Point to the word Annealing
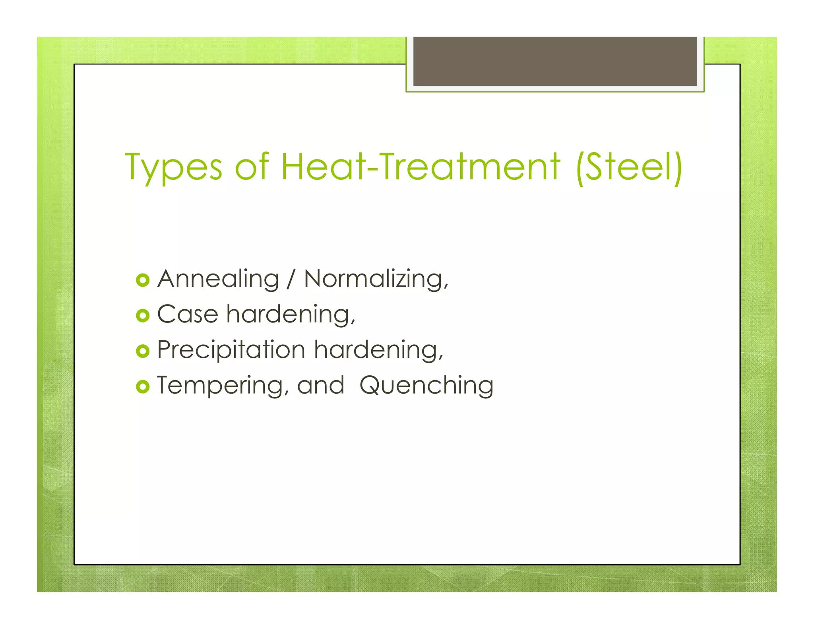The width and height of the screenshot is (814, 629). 218,279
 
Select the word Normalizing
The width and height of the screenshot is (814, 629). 375,279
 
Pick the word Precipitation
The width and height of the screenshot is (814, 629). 231,350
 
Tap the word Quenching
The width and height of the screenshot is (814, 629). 426,386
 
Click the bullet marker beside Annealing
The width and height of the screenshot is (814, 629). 142,280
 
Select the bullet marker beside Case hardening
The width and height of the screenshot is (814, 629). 142,316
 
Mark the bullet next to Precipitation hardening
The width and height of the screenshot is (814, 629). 142,351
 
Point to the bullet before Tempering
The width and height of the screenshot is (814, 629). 142,386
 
